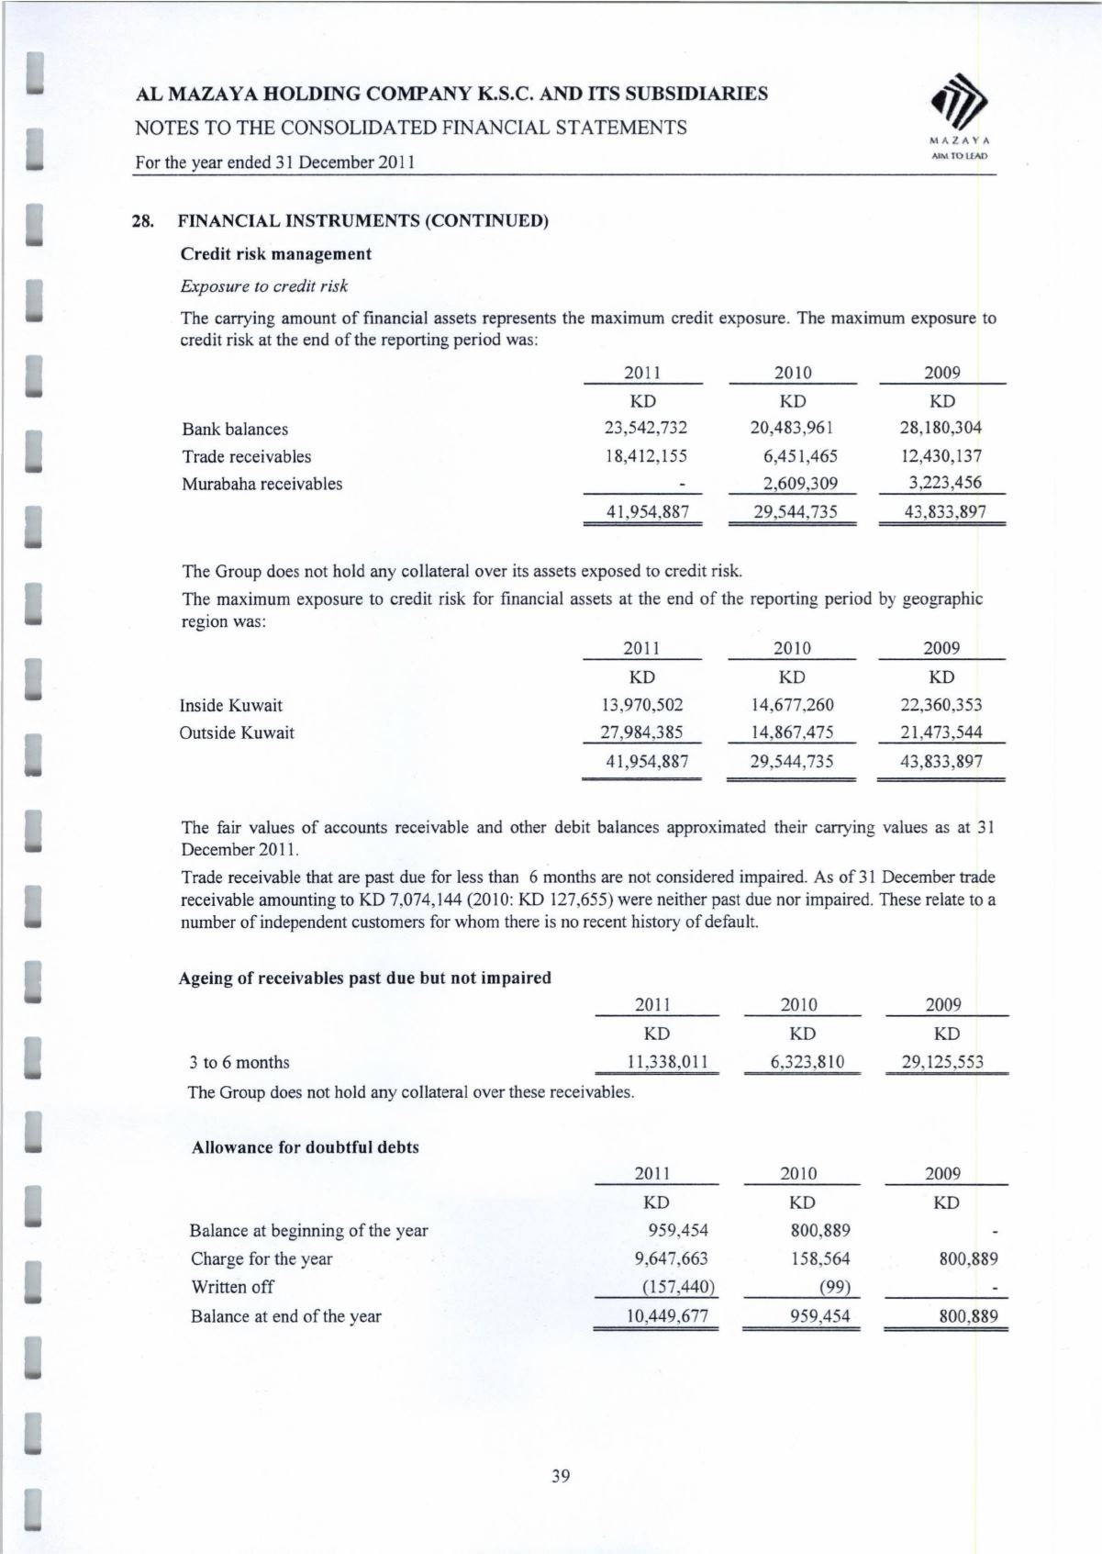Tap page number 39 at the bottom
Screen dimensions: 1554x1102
click(x=561, y=1476)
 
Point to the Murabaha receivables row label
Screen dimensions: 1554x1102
click(x=262, y=484)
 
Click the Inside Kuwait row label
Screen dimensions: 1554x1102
click(x=231, y=705)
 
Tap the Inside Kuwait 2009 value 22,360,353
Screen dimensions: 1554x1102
click(x=941, y=705)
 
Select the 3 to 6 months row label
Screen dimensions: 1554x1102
click(x=239, y=1062)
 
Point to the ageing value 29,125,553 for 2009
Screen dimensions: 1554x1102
click(x=942, y=1062)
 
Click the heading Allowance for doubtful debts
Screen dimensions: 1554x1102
click(x=305, y=1147)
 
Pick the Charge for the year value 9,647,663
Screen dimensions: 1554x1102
click(x=671, y=1258)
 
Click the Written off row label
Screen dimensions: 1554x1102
click(x=232, y=1287)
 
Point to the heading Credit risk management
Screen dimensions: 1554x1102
click(x=276, y=253)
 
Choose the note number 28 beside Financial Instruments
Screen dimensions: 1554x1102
click(x=142, y=221)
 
